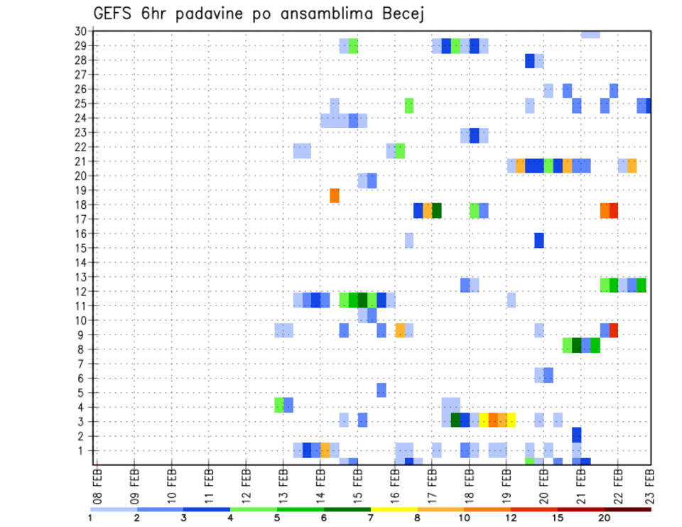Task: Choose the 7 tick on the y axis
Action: coord(82,364)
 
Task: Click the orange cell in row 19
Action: coord(335,195)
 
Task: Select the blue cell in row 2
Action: coord(576,435)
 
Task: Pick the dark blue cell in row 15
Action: coord(539,240)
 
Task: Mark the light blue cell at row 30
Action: coord(590,34)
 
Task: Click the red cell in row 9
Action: coord(614,330)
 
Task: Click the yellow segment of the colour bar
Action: coord(394,509)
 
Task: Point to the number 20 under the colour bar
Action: coord(605,518)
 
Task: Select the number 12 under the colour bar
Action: coord(511,518)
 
